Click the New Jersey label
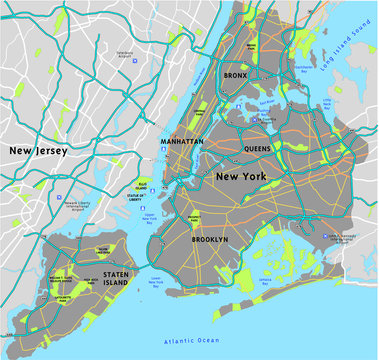[39, 151]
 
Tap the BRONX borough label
[234, 74]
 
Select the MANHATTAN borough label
[182, 142]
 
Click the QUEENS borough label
[258, 148]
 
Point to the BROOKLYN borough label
[209, 240]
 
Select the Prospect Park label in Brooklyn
[194, 217]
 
